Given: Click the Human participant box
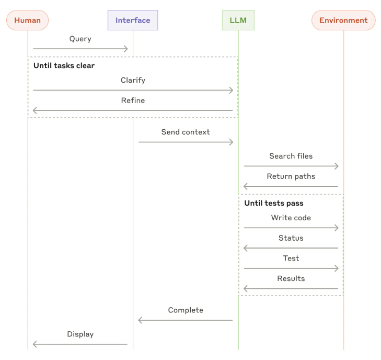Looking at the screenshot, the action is [x=28, y=20].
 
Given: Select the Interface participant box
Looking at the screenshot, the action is [x=133, y=20].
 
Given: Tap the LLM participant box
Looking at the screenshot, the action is [x=238, y=20].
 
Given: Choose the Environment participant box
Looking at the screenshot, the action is [x=343, y=20].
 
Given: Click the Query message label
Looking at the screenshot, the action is [x=80, y=39].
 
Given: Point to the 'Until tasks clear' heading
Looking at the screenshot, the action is [x=64, y=66].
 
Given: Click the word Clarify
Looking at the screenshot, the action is [x=133, y=80].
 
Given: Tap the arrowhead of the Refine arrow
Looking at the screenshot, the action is [x=34, y=110].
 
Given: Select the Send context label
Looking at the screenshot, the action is [x=186, y=132].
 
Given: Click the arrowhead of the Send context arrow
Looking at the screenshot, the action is [x=231, y=142].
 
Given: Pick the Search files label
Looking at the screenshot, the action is [x=291, y=156].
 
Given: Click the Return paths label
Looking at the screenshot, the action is [x=291, y=176].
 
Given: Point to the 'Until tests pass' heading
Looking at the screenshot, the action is [x=274, y=203].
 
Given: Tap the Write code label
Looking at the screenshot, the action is [x=291, y=218].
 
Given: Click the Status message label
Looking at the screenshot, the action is [x=291, y=238].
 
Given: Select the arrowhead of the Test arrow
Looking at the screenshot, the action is [x=336, y=268].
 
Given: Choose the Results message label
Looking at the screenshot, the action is [x=291, y=278].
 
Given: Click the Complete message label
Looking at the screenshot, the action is [x=186, y=310].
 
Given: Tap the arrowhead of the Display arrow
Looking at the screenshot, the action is [x=34, y=344].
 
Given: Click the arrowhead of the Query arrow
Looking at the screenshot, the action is [x=125, y=49].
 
